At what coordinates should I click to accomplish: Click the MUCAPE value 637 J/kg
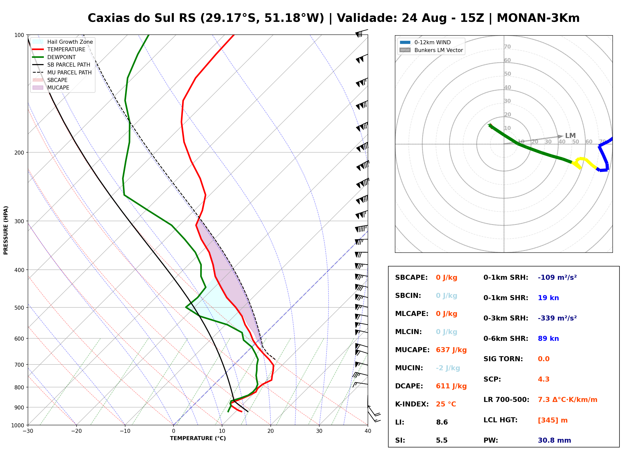click(451, 350)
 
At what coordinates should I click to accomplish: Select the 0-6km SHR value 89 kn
click(548, 339)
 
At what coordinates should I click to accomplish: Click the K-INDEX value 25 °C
click(446, 404)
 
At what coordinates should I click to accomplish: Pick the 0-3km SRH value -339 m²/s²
click(557, 318)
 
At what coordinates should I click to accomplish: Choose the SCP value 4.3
click(543, 379)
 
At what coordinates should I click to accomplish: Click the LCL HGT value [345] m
click(553, 420)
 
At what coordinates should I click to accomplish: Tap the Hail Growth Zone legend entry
click(63, 42)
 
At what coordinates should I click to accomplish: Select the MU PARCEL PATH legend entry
click(62, 72)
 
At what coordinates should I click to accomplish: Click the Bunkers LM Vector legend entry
click(431, 50)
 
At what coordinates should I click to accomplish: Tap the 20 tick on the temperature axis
click(270, 431)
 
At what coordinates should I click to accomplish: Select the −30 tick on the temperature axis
click(28, 431)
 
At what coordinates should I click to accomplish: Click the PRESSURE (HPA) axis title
click(6, 230)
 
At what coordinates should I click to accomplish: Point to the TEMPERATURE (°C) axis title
click(198, 438)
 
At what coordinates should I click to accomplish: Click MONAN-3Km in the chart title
click(538, 18)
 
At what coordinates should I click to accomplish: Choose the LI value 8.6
click(442, 422)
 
